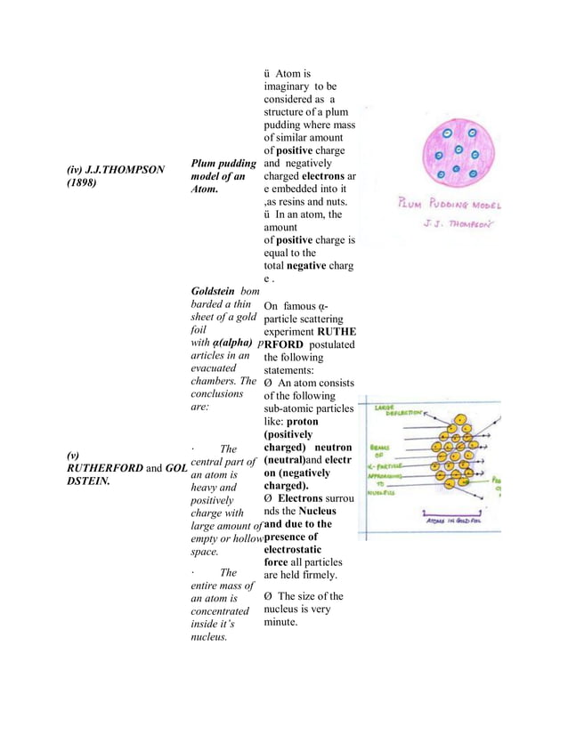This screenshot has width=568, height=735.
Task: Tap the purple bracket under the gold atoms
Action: [456, 512]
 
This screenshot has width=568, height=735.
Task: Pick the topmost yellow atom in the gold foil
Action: [460, 419]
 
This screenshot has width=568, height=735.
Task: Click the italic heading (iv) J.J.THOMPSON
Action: [115, 169]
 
